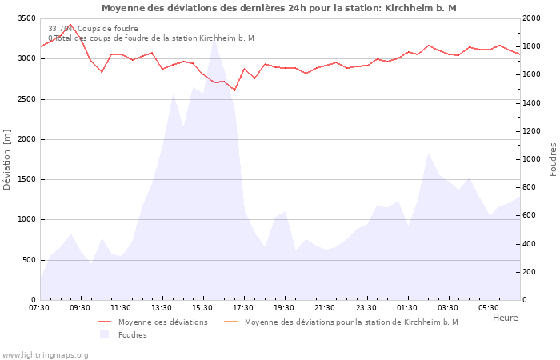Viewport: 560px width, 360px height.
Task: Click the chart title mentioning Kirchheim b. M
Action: [279, 8]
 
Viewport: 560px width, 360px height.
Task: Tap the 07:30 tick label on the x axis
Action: [39, 307]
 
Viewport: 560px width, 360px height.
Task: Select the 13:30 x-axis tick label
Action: [162, 307]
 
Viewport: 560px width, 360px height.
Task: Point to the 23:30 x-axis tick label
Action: [366, 307]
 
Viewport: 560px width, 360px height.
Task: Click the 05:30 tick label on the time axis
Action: [489, 307]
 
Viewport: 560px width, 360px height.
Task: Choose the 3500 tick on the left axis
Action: [26, 18]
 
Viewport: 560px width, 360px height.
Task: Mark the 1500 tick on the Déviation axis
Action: [26, 179]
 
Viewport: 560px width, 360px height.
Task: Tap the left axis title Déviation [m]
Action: [7, 159]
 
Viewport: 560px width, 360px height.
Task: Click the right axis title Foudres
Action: [553, 159]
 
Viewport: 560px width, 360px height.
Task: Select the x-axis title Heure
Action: [505, 318]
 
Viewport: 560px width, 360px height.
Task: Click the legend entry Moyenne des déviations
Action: [162, 322]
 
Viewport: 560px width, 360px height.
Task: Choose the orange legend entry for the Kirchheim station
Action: [351, 322]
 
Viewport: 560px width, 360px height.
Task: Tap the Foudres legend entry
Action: [132, 334]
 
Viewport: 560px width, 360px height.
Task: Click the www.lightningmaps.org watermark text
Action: [44, 354]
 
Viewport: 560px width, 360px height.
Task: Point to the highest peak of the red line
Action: [70, 24]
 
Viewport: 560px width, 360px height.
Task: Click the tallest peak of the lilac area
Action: [214, 39]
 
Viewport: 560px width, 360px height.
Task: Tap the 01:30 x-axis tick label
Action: [407, 307]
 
